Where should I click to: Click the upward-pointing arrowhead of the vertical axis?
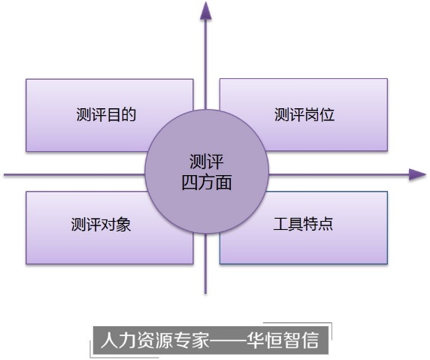tap(206, 11)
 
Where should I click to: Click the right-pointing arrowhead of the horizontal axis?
tap(417, 174)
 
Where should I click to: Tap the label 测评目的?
tap(106, 114)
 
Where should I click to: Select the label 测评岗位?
tap(304, 114)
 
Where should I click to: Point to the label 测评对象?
tap(101, 225)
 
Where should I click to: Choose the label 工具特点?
tap(303, 224)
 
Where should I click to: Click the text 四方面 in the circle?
tap(207, 182)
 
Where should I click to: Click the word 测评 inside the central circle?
tap(207, 162)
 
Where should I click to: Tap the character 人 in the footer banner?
tap(109, 340)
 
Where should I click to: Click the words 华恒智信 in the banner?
tap(283, 340)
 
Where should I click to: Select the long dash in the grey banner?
tap(229, 340)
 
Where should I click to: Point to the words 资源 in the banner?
tap(155, 340)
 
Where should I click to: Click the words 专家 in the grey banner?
tap(192, 340)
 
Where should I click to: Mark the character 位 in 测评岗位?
tap(327, 114)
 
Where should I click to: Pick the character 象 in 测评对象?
tap(124, 225)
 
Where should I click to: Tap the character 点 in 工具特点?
tap(326, 224)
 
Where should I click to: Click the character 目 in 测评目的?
tap(114, 114)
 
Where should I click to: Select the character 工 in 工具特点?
tap(280, 224)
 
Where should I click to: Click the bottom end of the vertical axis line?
tap(206, 294)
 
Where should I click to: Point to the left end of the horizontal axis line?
tap(5, 174)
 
